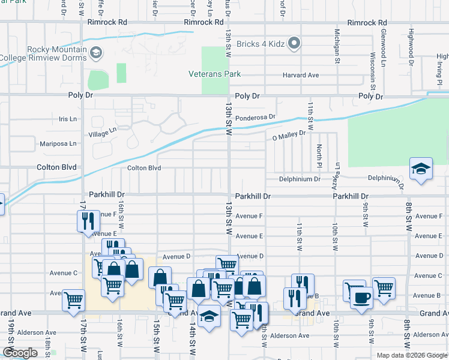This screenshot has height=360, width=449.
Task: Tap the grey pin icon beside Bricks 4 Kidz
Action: [294, 43]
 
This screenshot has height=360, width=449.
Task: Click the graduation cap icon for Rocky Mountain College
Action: [95, 54]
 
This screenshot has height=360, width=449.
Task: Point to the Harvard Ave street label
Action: [301, 76]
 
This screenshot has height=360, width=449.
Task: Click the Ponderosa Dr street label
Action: [255, 118]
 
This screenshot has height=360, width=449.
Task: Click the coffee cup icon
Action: [361, 298]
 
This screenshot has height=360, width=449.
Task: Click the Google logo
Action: [20, 353]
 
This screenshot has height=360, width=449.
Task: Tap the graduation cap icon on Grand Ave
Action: [209, 316]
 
